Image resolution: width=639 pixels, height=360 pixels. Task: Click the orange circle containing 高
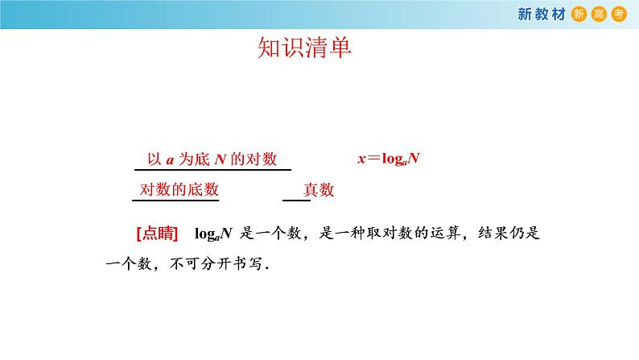[x=599, y=14]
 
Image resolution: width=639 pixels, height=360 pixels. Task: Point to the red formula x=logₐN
[x=390, y=159]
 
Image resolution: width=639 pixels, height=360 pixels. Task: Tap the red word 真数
[x=318, y=191]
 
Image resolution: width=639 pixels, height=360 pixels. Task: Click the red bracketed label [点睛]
[x=157, y=234]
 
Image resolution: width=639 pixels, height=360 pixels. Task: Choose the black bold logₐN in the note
[x=214, y=234]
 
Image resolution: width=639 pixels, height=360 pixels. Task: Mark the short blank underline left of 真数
[x=291, y=198]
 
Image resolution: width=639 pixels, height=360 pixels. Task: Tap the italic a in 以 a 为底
[x=170, y=159]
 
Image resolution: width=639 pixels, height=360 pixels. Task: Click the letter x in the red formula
[x=362, y=159]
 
